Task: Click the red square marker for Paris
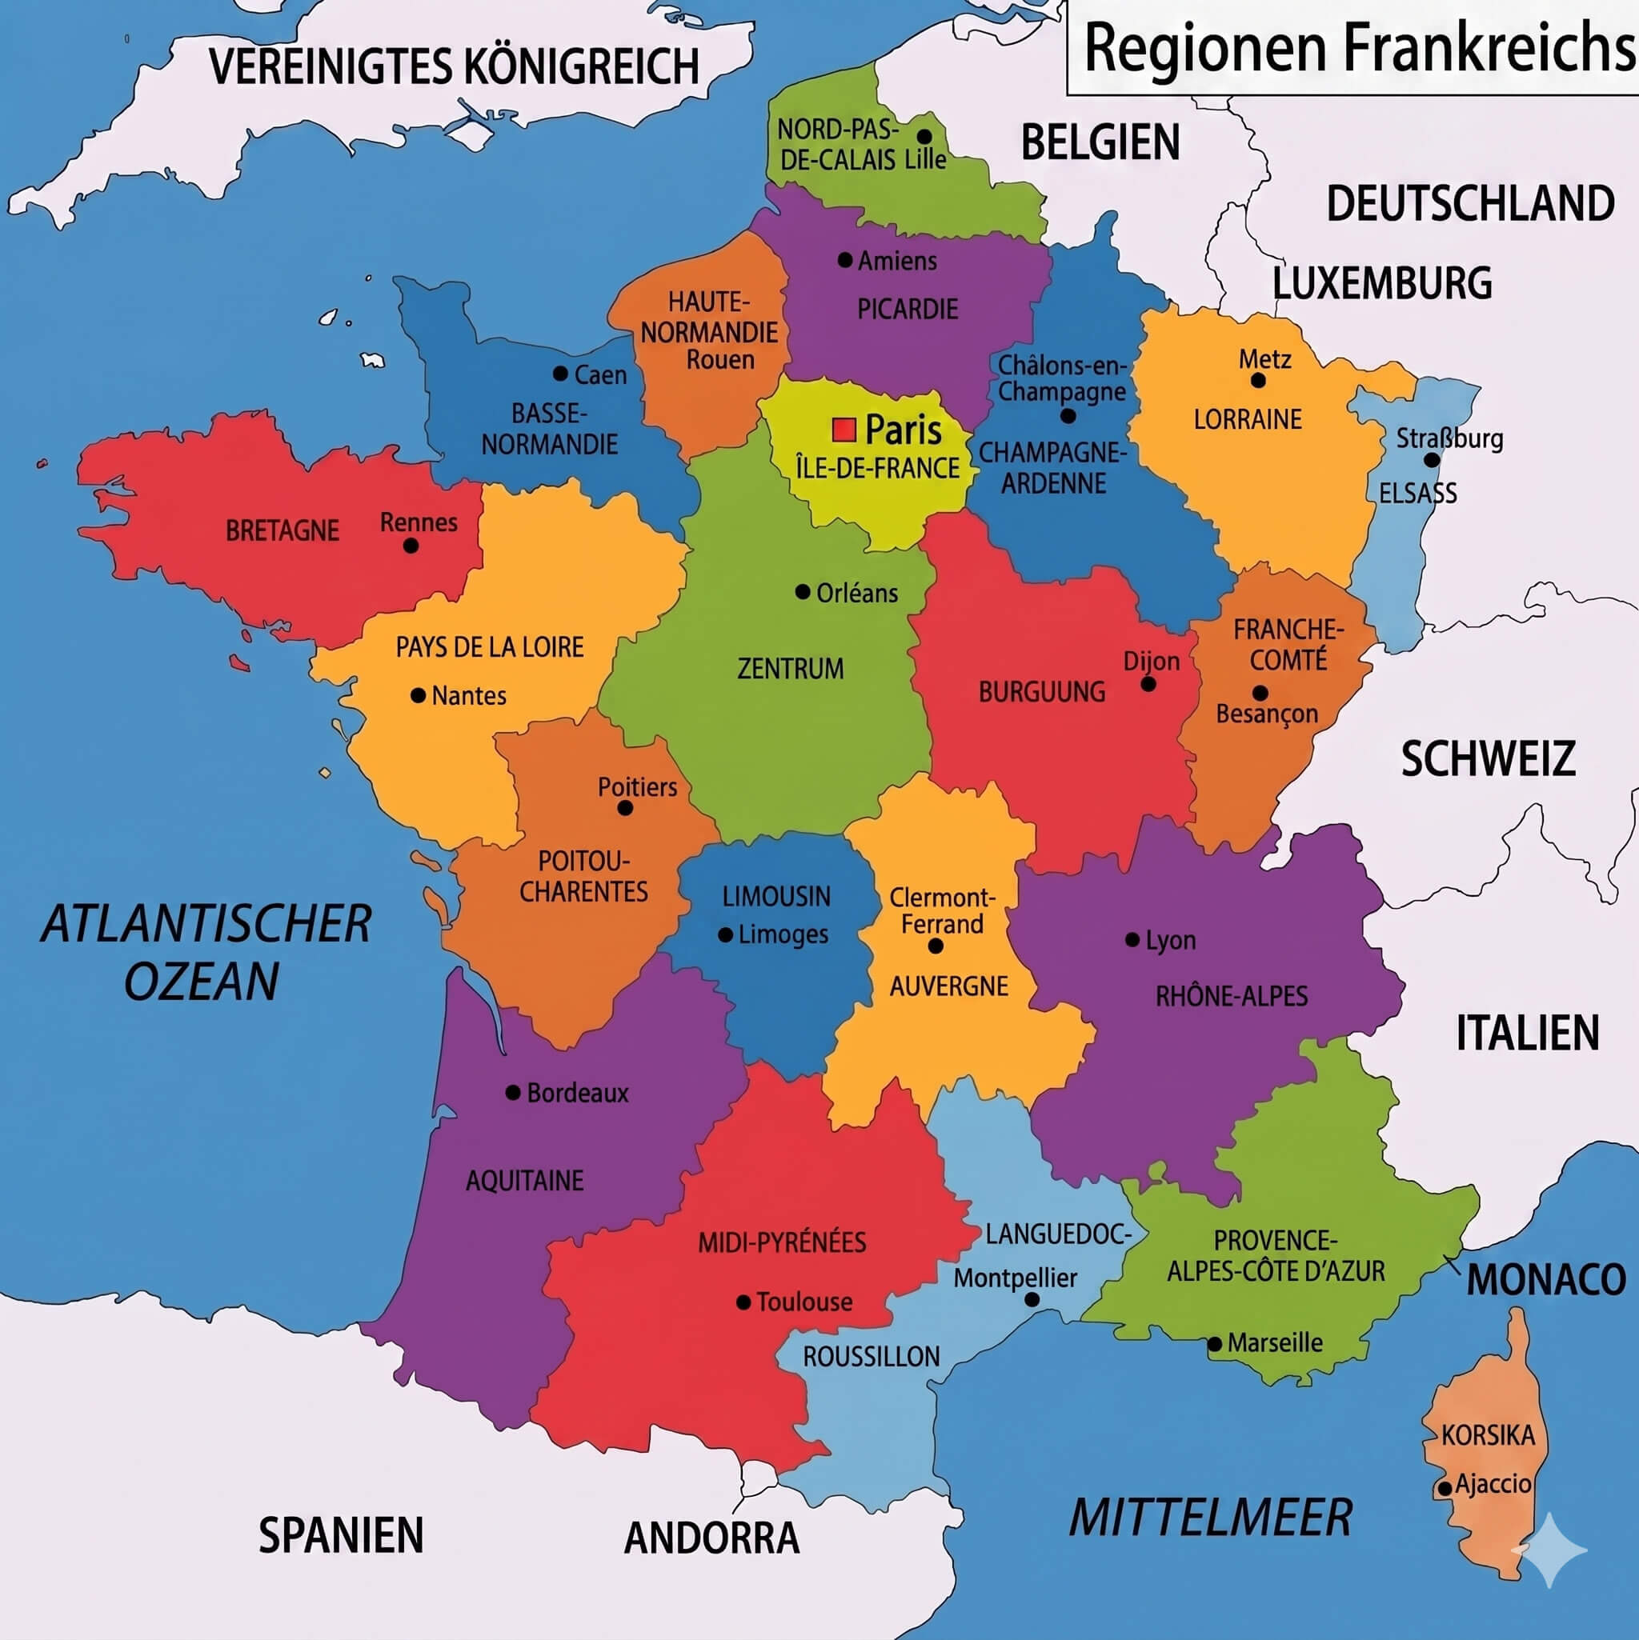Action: [844, 430]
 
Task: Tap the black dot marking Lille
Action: [924, 136]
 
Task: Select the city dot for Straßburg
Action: [1432, 460]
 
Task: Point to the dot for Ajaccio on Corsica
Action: [1445, 1488]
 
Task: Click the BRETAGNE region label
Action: [282, 530]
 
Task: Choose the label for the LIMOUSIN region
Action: [776, 896]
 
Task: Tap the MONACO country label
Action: [1545, 1280]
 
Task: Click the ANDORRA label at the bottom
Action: [711, 1538]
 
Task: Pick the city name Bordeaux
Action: [578, 1093]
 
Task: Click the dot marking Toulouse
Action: [743, 1302]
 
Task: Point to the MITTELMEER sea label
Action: [1209, 1518]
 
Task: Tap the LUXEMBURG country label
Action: [1381, 283]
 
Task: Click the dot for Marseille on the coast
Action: [1214, 1344]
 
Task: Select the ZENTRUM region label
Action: [790, 669]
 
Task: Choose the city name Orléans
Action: [856, 594]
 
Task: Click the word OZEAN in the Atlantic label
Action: [201, 982]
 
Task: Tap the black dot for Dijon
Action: [1148, 684]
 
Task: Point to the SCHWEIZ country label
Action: [1488, 759]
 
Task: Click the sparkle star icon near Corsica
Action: [1550, 1550]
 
